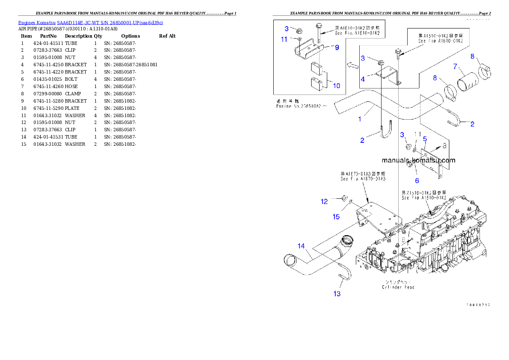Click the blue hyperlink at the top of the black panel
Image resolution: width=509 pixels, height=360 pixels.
click(x=90, y=22)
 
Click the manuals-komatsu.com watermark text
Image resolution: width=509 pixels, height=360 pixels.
click(x=419, y=160)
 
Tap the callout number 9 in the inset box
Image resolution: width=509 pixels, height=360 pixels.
click(x=337, y=47)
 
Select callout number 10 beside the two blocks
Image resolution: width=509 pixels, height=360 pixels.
click(x=337, y=86)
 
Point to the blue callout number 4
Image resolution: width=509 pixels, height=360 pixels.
click(x=363, y=79)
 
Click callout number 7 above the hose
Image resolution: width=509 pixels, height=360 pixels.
click(x=456, y=66)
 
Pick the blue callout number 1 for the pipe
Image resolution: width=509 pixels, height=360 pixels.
click(x=360, y=119)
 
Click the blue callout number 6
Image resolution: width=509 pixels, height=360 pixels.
click(x=417, y=180)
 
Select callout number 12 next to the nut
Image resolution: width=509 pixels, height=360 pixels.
click(x=325, y=201)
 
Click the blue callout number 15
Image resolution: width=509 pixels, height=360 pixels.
click(x=336, y=217)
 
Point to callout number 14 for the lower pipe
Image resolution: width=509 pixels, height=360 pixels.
click(x=302, y=246)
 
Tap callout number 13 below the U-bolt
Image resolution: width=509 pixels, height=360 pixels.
click(x=337, y=293)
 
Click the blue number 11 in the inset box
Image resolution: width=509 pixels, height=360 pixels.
click(x=284, y=39)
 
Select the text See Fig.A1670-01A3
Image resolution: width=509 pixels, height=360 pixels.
click(x=363, y=179)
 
